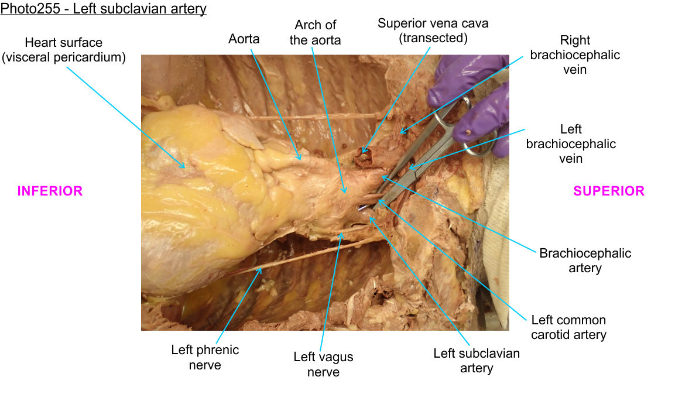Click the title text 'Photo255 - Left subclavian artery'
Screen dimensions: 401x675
pos(104,10)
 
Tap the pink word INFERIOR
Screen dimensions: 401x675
pos(50,191)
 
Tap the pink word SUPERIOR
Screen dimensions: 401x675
pos(608,191)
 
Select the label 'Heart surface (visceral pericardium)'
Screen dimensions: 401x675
pos(64,50)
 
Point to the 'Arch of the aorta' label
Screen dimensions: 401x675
pos(315,32)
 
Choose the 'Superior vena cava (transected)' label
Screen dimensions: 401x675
pos(433,30)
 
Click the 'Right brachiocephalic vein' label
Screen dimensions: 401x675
pos(575,55)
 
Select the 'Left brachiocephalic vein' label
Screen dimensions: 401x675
pos(571,143)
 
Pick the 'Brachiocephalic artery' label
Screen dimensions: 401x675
pos(585,261)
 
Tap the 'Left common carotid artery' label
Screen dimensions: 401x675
pos(568,328)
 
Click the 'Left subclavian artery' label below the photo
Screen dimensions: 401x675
pos(476,361)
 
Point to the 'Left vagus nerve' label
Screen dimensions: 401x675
pos(323,364)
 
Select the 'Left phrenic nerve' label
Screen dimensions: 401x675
pos(205,357)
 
